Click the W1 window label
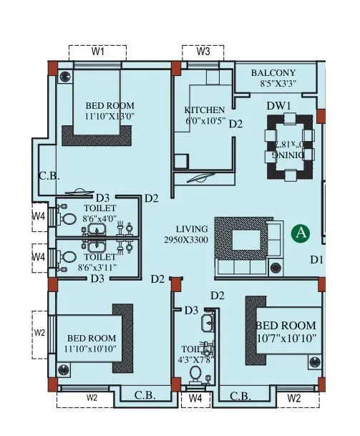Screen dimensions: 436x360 point(98,52)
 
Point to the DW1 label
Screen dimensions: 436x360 point(278,105)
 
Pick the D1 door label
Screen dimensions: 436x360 point(317,259)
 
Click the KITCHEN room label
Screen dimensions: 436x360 point(204,110)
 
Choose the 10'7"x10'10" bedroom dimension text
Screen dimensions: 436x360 point(286,338)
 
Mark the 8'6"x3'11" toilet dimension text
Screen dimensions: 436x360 point(99,266)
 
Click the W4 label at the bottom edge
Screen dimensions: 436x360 point(194,397)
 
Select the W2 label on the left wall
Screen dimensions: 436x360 point(40,333)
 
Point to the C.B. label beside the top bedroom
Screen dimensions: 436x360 point(48,176)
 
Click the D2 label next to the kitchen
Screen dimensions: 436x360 point(235,124)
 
